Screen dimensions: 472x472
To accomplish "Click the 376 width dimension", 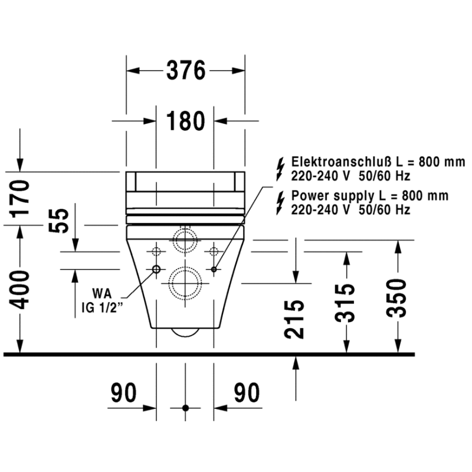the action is coord(186,70).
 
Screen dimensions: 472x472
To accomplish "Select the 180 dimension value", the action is coord(185,121).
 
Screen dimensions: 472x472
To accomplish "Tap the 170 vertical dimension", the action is coord(20,199).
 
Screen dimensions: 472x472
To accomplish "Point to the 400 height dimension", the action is coord(20,290).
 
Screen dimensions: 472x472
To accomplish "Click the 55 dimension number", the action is coord(59,221).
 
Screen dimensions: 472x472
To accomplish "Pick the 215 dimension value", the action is coord(294,319).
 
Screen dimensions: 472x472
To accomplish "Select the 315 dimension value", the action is coord(345,303).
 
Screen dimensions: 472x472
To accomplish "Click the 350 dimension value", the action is coord(396,299).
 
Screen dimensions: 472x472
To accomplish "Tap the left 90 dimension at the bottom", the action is coord(124,392).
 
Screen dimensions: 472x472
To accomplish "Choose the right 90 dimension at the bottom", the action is coord(247,392).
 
